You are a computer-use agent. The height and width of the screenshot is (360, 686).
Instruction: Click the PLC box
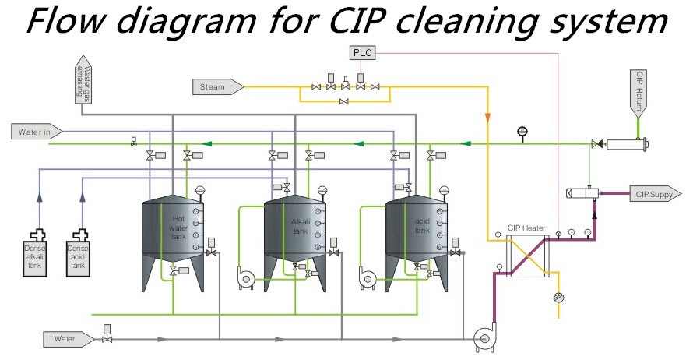[x=361, y=53]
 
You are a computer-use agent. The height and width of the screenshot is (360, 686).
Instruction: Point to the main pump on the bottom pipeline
[x=486, y=337]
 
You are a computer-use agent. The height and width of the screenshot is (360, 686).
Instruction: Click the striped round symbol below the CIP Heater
[x=558, y=297]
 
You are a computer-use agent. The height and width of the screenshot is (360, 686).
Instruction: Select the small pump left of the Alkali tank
[x=244, y=277]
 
